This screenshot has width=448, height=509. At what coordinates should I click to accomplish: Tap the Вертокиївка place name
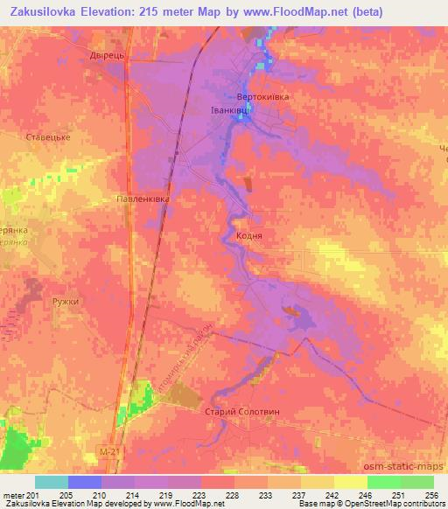click(x=262, y=97)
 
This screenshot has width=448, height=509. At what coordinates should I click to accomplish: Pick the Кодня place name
click(x=249, y=236)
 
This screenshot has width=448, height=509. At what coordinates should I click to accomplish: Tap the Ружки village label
click(x=66, y=302)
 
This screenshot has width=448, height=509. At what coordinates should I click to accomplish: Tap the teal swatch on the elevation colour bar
click(x=51, y=481)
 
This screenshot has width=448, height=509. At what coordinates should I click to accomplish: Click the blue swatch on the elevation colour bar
click(x=84, y=481)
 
